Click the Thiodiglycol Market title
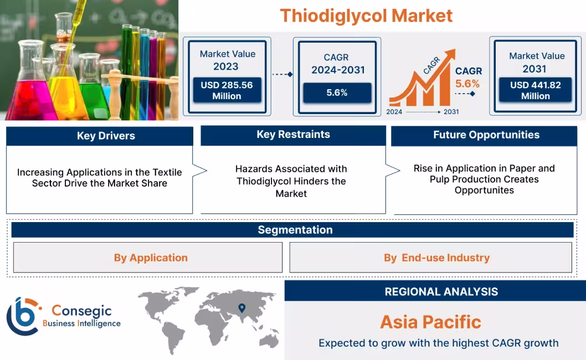pyautogui.click(x=366, y=15)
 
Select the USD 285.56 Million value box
pyautogui.click(x=227, y=90)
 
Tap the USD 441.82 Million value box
pyautogui.click(x=535, y=90)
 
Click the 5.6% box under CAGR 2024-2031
pyautogui.click(x=337, y=92)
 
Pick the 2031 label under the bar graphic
pyautogui.click(x=451, y=111)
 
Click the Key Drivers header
pyautogui.click(x=106, y=136)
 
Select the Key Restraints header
pyautogui.click(x=293, y=135)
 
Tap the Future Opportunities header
pyautogui.click(x=486, y=135)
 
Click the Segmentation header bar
pyautogui.click(x=295, y=230)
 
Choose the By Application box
pyautogui.click(x=151, y=258)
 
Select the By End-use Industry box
pyautogui.click(x=436, y=258)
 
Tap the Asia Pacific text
pyautogui.click(x=430, y=322)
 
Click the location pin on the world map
pyautogui.click(x=242, y=308)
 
